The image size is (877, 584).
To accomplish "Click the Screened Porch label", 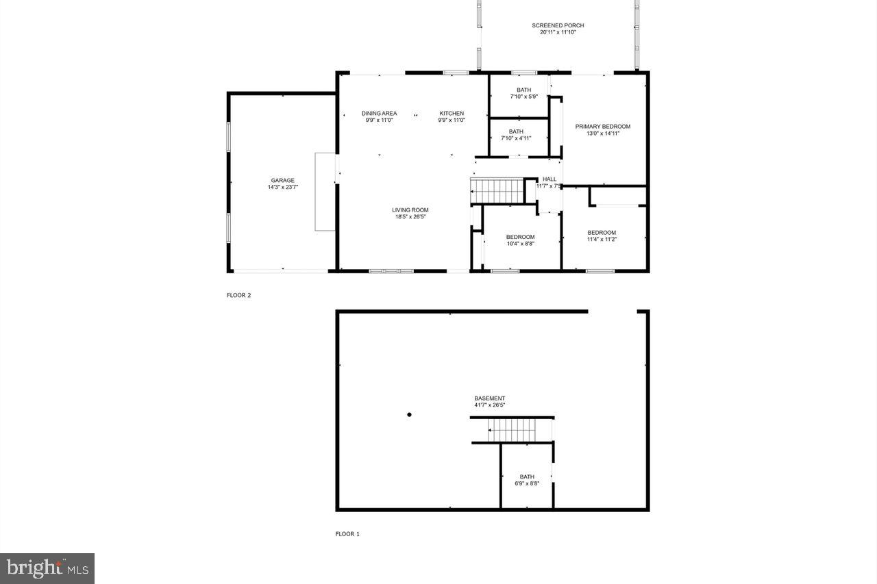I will (x=558, y=25).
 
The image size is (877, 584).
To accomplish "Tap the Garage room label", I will (x=282, y=181).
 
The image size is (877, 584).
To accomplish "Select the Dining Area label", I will (x=379, y=114).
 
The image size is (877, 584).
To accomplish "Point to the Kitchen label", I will (x=452, y=114).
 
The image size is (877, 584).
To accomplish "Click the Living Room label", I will (x=410, y=210).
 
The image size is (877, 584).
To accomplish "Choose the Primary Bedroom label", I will (x=602, y=127).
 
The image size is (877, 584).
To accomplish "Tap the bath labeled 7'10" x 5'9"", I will (x=523, y=93).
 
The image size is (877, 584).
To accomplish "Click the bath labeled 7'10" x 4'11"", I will (x=516, y=135).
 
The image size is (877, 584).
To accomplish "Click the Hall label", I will (x=549, y=179).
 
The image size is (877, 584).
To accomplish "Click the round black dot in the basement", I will (x=409, y=414).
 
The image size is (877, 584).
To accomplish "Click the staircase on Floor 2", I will (x=496, y=190).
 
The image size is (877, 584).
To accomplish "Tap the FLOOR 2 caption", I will (x=239, y=296).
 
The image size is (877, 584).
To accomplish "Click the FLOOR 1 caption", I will (x=347, y=534).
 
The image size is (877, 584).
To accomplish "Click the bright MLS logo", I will (x=47, y=568).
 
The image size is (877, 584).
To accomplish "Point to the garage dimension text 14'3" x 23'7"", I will (x=282, y=187).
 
